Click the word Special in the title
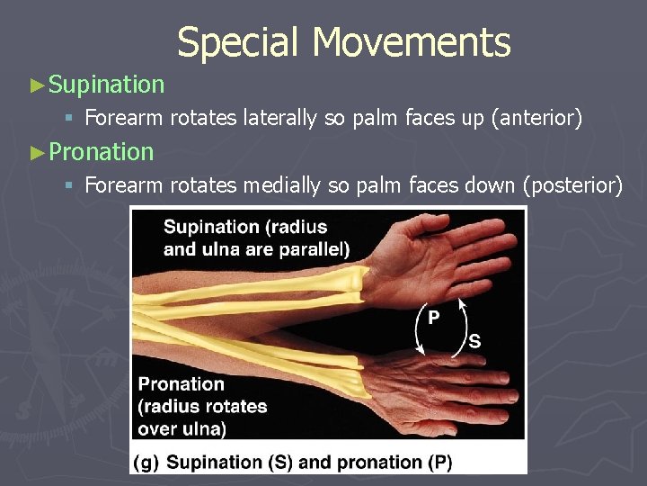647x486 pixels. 237,43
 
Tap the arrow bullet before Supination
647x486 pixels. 37,85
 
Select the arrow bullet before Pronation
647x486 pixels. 37,153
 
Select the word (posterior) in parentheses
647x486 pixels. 575,185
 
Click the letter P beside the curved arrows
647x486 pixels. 433,318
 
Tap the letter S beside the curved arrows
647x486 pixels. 474,341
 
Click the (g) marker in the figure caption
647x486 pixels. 146,463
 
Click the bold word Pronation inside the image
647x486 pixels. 182,384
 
